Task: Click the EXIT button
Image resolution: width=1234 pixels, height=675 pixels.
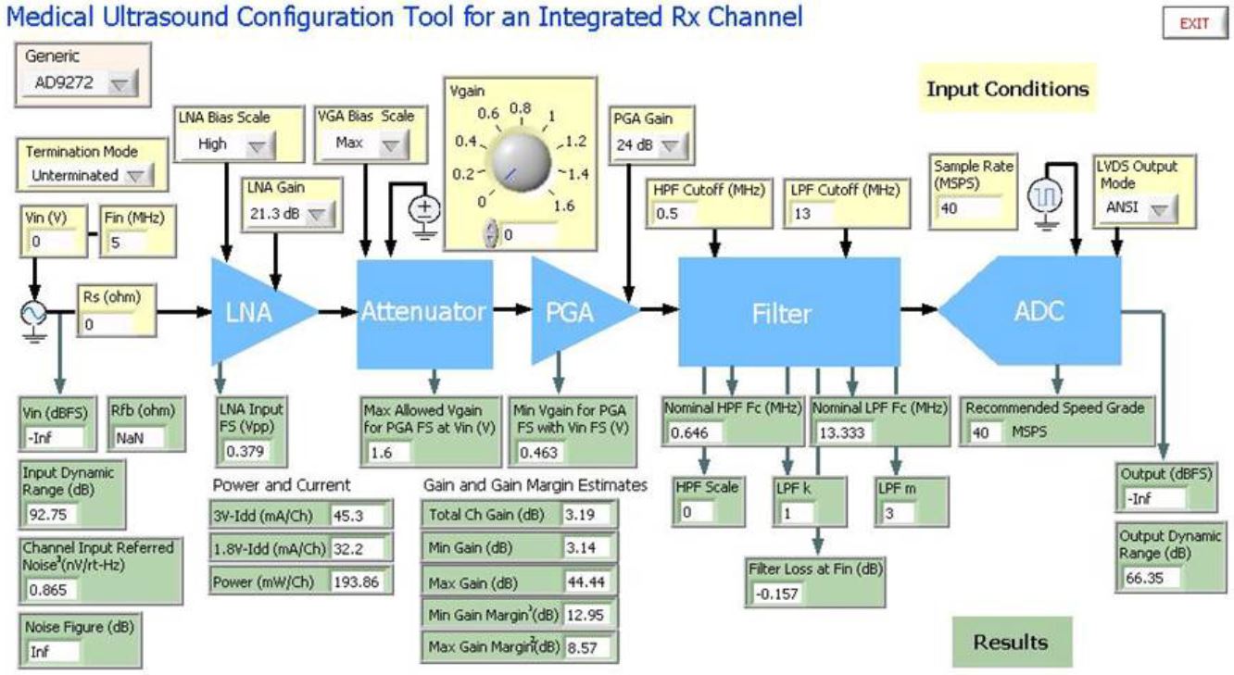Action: pos(1193,24)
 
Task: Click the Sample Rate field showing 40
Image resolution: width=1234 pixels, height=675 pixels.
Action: pos(967,206)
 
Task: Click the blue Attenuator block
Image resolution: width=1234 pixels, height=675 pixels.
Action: pos(423,312)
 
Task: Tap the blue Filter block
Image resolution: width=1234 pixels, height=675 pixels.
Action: pos(788,313)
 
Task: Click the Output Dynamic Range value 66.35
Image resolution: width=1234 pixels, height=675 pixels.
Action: pos(1159,578)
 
